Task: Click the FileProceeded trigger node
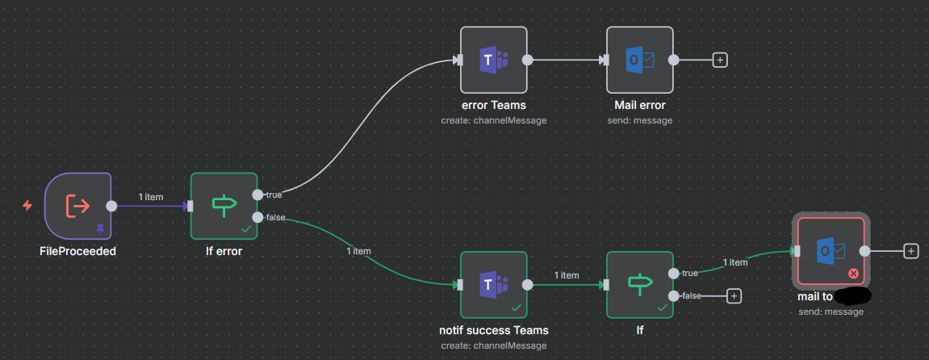(x=77, y=206)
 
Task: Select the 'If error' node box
(x=224, y=206)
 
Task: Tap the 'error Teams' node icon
(x=493, y=60)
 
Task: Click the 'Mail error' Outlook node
(x=639, y=60)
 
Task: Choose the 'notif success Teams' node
(x=493, y=284)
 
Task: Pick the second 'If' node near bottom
(x=639, y=284)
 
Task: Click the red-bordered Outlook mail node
(x=830, y=251)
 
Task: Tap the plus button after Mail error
(x=720, y=60)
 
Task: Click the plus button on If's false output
(x=734, y=296)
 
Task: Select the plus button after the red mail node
(x=911, y=251)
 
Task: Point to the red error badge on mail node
(x=853, y=274)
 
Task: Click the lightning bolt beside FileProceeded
(x=27, y=206)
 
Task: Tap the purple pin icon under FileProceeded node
(x=100, y=229)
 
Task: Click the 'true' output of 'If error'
(x=257, y=195)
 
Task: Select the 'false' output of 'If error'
(x=257, y=217)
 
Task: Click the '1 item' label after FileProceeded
(x=151, y=197)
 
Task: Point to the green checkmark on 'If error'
(x=245, y=229)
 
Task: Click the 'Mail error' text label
(x=639, y=105)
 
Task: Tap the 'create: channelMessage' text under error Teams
(x=493, y=120)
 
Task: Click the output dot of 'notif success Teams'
(x=527, y=284)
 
